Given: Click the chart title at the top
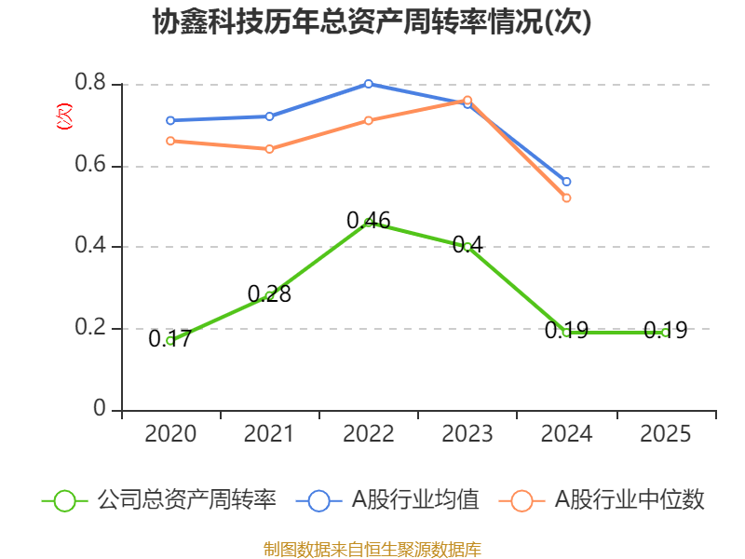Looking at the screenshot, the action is [372, 21].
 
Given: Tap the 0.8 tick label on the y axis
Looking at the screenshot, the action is [90, 82].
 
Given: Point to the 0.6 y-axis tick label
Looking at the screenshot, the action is [90, 165].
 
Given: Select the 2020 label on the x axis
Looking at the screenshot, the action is [170, 434].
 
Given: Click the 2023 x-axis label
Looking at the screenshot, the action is [467, 434].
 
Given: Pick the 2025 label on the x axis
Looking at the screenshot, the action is [665, 434].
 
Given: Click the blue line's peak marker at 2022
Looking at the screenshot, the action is [368, 84].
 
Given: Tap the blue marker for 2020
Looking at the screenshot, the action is [170, 121].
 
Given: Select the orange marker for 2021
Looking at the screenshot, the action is [269, 149].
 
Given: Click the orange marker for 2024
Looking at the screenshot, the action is [566, 198].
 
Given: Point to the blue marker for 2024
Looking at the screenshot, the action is [566, 182].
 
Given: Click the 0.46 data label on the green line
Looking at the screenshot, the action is [368, 221].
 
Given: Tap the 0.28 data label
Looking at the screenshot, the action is [269, 294].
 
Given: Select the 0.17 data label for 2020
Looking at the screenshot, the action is [170, 339].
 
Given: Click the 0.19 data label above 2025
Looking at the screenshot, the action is [665, 331].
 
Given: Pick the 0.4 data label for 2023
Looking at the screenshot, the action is [467, 245].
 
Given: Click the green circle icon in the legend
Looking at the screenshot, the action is [64, 501].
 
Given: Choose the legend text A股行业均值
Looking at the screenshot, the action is [415, 500].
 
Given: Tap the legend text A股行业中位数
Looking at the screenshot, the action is [630, 500].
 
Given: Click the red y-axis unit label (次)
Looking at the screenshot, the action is [64, 116].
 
